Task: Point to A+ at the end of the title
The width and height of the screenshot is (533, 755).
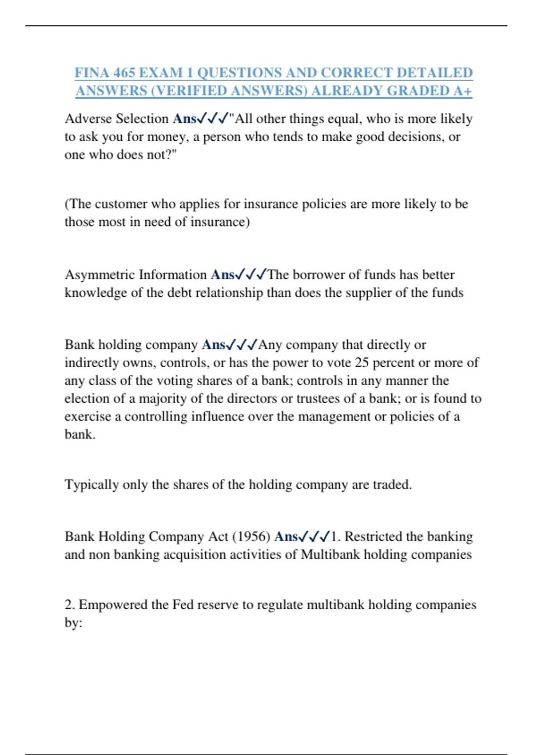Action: coord(463,91)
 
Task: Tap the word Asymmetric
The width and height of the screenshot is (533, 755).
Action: coord(100,274)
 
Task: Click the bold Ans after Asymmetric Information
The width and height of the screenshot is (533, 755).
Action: coord(223,274)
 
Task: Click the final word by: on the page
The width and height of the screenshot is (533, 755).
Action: coord(73,623)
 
